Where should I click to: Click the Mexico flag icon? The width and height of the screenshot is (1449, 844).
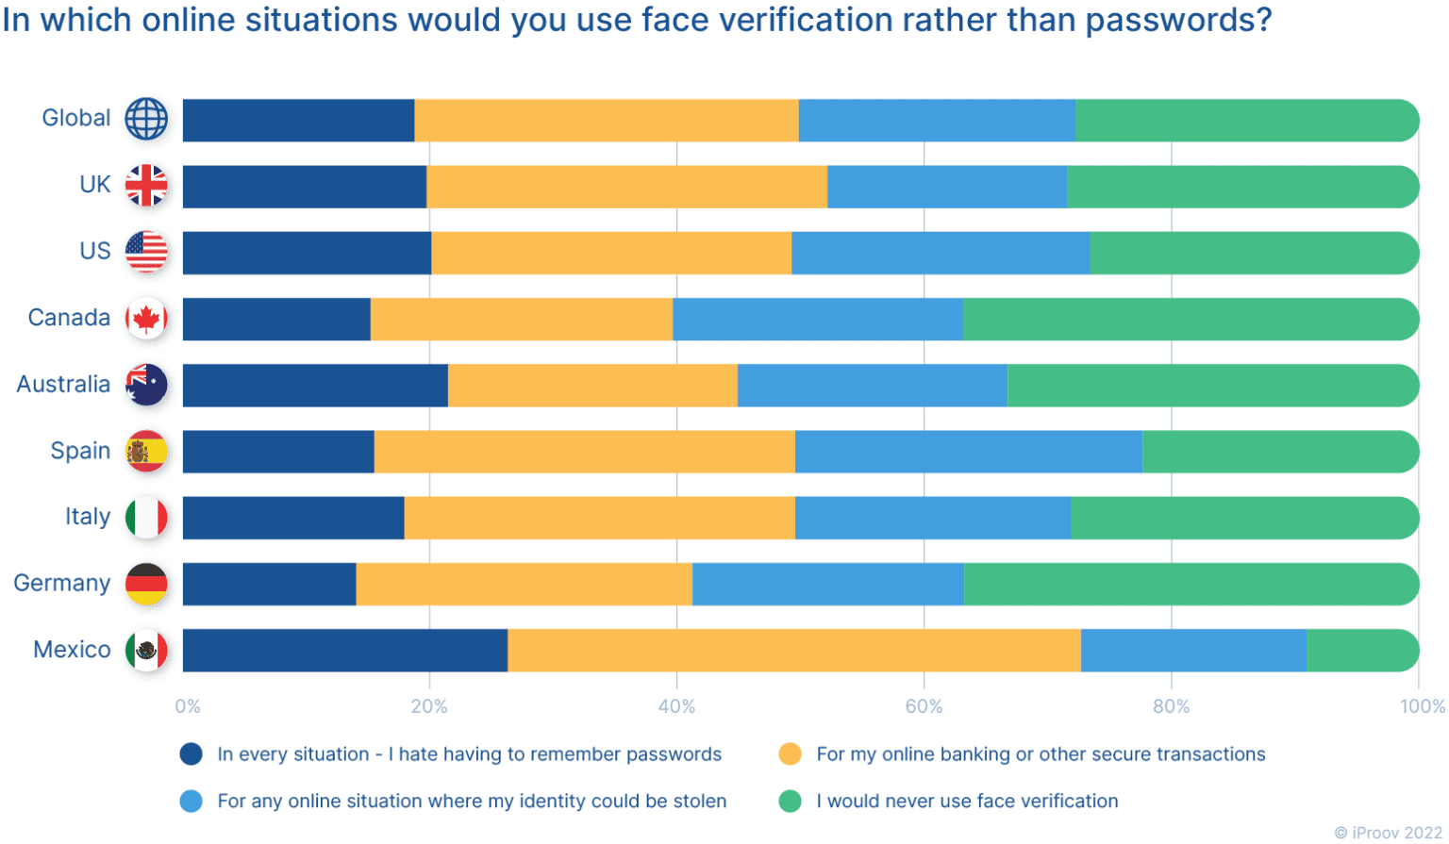point(146,650)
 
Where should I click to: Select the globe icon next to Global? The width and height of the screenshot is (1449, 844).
point(146,119)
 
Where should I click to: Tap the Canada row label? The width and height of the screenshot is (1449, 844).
point(69,318)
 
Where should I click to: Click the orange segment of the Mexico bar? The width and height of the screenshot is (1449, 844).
point(793,651)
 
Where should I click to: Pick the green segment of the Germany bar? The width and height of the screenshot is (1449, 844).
point(1191,584)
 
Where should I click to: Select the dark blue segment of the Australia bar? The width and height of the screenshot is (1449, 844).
point(315,385)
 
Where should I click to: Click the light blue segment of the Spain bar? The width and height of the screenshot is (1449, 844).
point(968,452)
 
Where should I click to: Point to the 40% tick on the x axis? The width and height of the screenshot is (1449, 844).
point(676,706)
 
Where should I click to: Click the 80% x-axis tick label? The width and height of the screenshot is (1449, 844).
point(1171,706)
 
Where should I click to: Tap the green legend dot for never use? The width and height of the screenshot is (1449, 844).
point(790,802)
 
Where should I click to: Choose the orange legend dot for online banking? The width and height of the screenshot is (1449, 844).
point(790,754)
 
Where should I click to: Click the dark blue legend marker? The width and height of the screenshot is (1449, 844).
point(191,754)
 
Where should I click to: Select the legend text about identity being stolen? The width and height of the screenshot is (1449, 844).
point(472,802)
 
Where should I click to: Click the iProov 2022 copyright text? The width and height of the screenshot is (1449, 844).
point(1388,832)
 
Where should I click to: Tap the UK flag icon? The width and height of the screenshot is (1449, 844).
point(146,185)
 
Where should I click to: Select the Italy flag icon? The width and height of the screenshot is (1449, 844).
point(146,518)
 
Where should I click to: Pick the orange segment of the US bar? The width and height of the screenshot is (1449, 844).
point(610,253)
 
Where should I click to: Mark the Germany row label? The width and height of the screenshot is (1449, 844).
point(61,584)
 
